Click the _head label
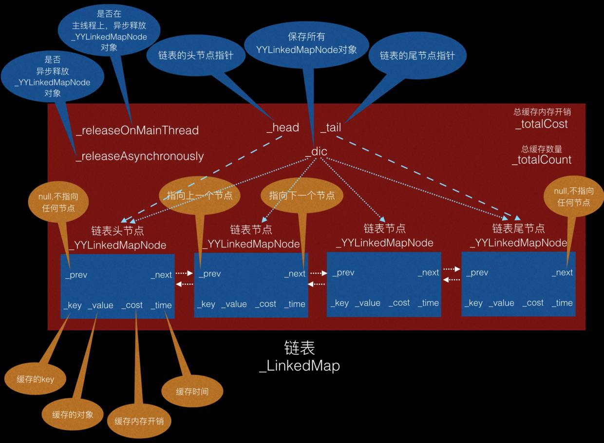pos(283,128)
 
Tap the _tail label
pos(331,128)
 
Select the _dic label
pos(316,152)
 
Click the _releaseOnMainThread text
pos(137,131)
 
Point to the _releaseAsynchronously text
pos(139,156)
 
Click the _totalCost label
pos(541,124)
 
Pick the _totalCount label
pos(541,160)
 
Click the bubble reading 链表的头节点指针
pos(195,55)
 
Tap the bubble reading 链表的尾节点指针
pos(417,55)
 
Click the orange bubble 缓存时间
pos(192,391)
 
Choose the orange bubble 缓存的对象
pos(73,414)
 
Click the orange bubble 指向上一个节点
pos(196,195)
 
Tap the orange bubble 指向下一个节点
pos(302,195)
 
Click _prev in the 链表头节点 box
pos(76,275)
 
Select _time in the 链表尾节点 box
pos(562,303)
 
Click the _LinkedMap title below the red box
pos(299,366)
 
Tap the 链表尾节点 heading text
pos(518,229)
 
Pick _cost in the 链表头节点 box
pos(132,305)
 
